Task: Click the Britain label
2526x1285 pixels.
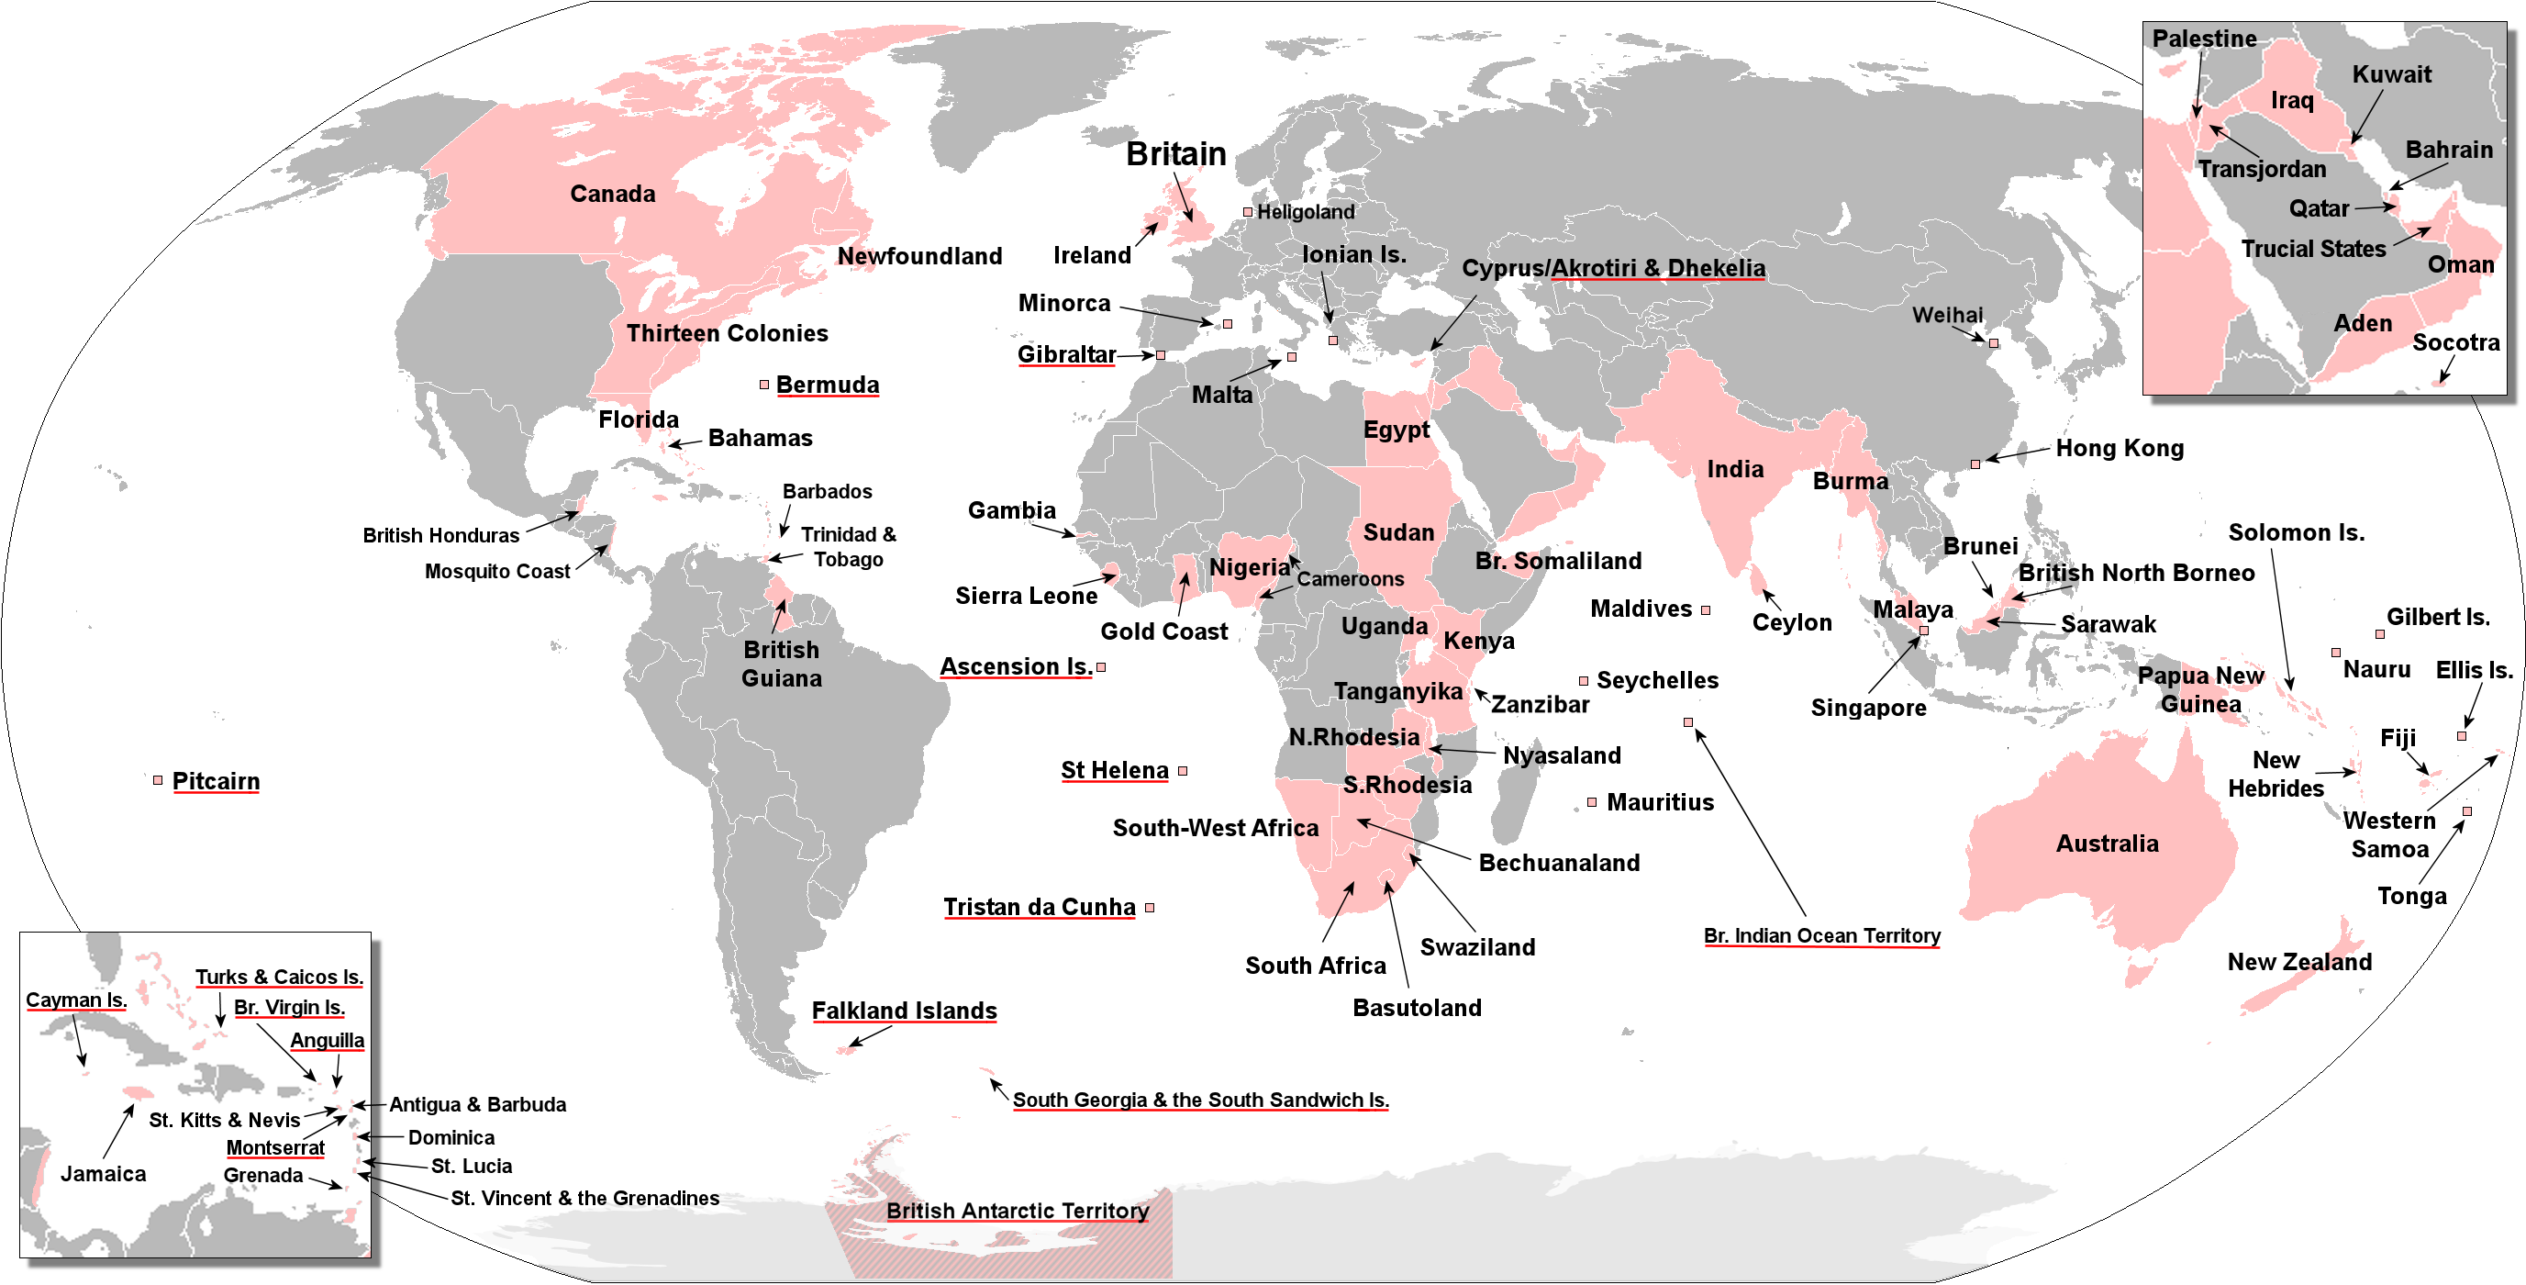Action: pos(1175,154)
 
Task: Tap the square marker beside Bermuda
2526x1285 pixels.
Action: pos(764,385)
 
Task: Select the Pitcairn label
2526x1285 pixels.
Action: pos(216,781)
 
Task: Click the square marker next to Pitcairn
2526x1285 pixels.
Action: pos(158,780)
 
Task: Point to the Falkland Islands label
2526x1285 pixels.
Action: pos(904,1011)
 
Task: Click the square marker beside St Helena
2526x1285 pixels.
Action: pos(1183,771)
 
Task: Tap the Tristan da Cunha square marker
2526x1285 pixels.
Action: pos(1150,908)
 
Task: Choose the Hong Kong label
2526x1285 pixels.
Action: pos(2119,448)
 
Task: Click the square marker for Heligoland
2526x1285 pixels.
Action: pos(1247,212)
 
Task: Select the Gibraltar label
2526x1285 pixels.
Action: pos(1066,354)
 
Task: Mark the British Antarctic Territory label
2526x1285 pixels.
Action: pos(1017,1211)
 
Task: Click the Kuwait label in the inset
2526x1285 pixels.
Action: pos(2392,74)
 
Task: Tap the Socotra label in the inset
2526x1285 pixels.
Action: pos(2455,342)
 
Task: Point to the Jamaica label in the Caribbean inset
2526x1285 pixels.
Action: pos(103,1173)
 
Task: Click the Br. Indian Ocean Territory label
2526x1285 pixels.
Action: pos(1821,936)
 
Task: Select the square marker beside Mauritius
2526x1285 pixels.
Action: pos(1592,802)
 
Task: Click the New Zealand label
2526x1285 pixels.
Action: pos(2299,961)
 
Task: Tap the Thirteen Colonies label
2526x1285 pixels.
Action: pos(727,333)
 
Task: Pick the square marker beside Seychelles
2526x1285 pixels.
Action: pos(1583,681)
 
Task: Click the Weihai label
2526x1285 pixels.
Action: pos(1946,315)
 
